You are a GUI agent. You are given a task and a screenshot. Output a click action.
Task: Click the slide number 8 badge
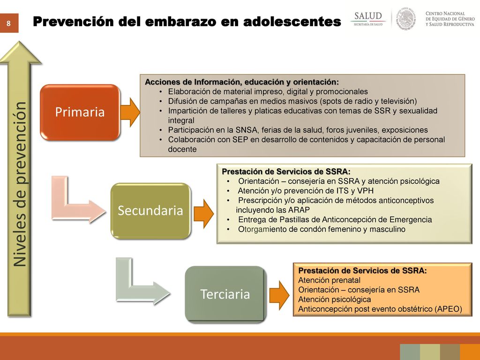(x=9, y=23)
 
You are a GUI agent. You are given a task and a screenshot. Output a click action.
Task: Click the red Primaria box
(x=80, y=112)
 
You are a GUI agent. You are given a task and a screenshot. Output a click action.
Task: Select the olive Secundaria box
(x=150, y=210)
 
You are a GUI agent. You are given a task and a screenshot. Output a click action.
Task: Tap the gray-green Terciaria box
(x=225, y=294)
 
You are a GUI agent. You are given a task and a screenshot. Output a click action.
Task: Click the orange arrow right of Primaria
(x=130, y=112)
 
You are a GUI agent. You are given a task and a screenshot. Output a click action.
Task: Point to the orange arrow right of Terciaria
(x=279, y=295)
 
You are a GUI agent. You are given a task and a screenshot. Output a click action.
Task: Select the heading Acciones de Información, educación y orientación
(x=241, y=82)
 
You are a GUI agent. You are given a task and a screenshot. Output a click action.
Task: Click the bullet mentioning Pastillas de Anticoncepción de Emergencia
(x=335, y=219)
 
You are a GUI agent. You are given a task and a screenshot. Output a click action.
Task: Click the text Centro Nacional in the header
(x=445, y=13)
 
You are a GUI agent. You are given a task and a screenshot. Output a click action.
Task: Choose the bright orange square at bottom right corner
(x=470, y=352)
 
